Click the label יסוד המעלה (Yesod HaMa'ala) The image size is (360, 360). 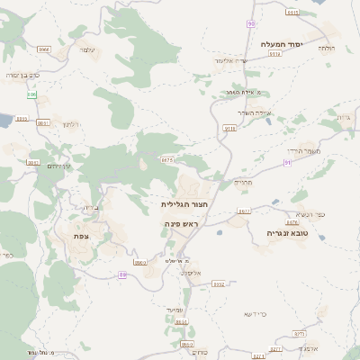click(283, 44)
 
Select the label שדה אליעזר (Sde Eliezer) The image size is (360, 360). click(231, 60)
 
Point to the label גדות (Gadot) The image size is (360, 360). click(342, 118)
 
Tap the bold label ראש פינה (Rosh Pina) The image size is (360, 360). click(182, 221)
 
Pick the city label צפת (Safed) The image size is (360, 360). click(81, 235)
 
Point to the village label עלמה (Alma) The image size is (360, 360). click(87, 49)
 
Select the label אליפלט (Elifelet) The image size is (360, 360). click(192, 272)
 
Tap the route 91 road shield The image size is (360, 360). click(287, 163)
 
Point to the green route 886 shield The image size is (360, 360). click(31, 94)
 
